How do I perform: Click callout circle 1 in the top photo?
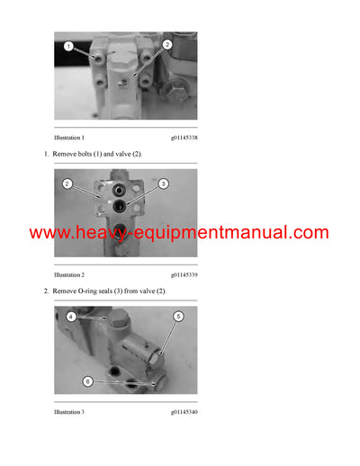point(68,46)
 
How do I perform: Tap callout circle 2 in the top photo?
point(167,44)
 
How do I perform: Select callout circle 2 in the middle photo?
point(67,184)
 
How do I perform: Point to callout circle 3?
point(164,184)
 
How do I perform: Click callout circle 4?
point(70,317)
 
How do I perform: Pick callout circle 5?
point(178,317)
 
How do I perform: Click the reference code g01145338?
point(184,138)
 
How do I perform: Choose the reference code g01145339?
point(184,274)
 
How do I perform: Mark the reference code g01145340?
point(184,411)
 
